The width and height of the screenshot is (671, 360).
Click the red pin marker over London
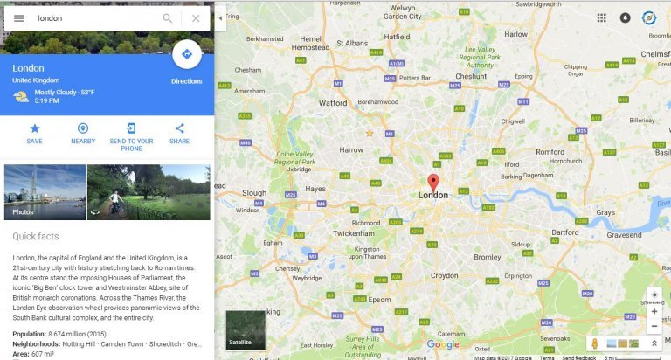(x=432, y=182)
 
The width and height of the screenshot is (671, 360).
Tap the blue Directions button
(x=186, y=54)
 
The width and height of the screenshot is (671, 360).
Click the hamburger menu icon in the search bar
(x=18, y=18)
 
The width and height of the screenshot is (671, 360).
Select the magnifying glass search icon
(x=168, y=18)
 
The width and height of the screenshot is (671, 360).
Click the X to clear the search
(x=196, y=18)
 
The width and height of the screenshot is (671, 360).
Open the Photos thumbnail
(x=45, y=191)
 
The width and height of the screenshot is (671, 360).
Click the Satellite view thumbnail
(x=245, y=329)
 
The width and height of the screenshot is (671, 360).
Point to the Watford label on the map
(x=333, y=102)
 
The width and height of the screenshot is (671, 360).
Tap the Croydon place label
(x=444, y=275)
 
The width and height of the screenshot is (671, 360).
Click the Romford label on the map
(x=550, y=152)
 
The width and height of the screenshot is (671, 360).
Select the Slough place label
(x=254, y=192)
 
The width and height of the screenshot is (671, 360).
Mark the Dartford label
(x=565, y=232)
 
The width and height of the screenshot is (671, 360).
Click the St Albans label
(x=353, y=43)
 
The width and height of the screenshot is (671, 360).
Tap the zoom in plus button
(x=654, y=311)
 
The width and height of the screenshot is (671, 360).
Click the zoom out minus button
(x=654, y=326)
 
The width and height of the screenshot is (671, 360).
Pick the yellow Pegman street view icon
(x=595, y=343)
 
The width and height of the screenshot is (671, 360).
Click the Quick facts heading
(x=36, y=236)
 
